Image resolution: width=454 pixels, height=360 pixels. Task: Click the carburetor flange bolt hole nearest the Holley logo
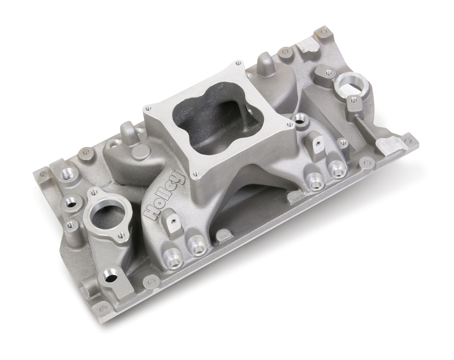pos(194,173)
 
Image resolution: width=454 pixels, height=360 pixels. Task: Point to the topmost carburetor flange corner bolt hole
pos(238,63)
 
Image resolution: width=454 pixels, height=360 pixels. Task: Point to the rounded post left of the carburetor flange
pos(126,130)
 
